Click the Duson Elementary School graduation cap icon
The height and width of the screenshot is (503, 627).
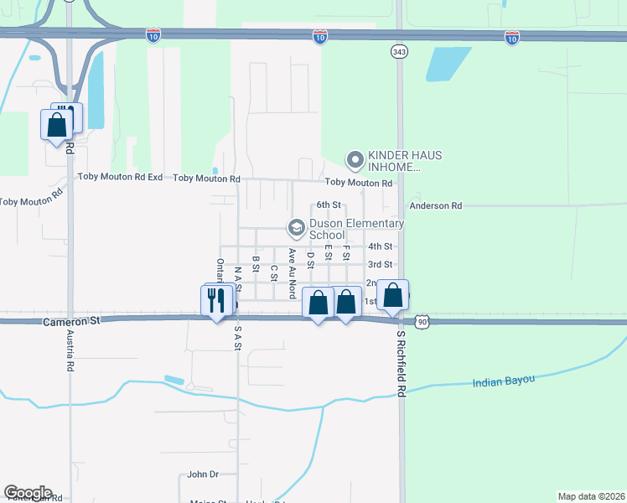click(295, 227)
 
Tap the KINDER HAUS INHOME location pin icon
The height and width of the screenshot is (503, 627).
click(355, 158)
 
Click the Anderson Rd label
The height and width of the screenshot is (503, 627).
click(435, 205)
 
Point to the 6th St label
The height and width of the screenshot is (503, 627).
click(329, 205)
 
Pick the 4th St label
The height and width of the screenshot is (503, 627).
click(380, 246)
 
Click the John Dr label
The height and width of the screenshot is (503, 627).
click(203, 474)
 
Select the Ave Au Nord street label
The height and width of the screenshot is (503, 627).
click(292, 273)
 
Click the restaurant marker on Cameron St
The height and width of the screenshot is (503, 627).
click(217, 300)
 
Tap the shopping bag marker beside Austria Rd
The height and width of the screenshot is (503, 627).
click(57, 126)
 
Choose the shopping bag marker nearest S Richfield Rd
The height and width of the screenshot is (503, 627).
click(392, 295)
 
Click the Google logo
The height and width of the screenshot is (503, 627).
click(28, 493)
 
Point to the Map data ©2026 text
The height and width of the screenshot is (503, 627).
click(590, 496)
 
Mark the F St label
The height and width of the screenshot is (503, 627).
click(345, 254)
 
